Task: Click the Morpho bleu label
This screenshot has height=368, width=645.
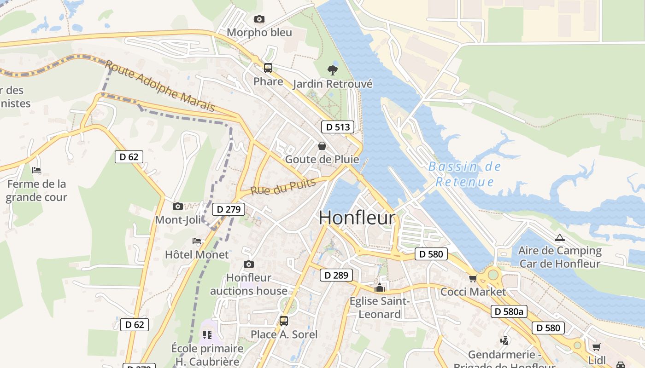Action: click(259, 33)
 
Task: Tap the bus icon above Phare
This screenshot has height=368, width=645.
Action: click(268, 68)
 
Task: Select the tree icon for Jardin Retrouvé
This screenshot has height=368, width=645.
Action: click(332, 70)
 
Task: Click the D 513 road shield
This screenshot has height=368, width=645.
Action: click(338, 127)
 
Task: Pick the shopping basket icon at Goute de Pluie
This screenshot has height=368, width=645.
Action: click(322, 146)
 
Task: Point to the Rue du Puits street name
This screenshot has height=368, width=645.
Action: click(283, 186)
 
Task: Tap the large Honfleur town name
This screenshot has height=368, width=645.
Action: click(357, 218)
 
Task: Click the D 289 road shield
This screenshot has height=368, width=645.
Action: click(336, 276)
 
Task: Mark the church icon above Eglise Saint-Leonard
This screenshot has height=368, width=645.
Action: click(380, 288)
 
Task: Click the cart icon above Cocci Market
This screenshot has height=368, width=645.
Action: click(473, 278)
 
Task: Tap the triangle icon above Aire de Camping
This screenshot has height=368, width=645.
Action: click(560, 238)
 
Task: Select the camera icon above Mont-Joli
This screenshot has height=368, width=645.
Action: click(178, 207)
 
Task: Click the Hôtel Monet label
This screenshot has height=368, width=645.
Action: click(197, 254)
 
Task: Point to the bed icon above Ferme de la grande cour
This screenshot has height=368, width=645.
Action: click(36, 170)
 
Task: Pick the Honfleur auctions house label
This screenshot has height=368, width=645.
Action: click(249, 284)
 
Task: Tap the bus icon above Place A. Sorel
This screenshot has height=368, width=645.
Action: click(284, 321)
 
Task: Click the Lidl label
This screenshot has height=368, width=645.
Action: click(597, 360)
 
